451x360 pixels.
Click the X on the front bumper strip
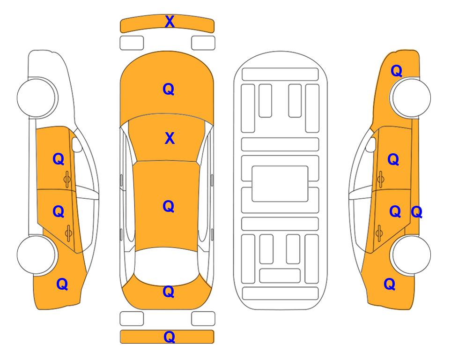point(170,22)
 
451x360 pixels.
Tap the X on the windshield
point(170,139)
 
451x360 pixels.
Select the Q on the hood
point(169,89)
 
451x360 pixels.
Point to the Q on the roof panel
point(169,206)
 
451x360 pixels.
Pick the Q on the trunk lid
point(169,292)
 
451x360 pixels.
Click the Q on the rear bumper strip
point(169,337)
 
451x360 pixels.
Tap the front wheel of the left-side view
point(37,97)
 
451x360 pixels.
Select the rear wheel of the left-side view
point(37,255)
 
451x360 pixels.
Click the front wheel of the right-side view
point(411,97)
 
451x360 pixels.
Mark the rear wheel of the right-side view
point(411,255)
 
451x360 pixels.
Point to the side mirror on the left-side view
point(76,144)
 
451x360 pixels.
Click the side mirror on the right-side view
point(371,144)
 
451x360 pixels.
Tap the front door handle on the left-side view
point(67,179)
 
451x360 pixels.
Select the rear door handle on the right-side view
point(379,233)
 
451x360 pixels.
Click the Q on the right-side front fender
point(396,71)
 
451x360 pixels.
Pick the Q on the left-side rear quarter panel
point(62,284)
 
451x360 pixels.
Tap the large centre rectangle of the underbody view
point(280,184)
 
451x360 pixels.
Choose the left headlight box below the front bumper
point(132,43)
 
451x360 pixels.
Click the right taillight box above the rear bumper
point(203,319)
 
